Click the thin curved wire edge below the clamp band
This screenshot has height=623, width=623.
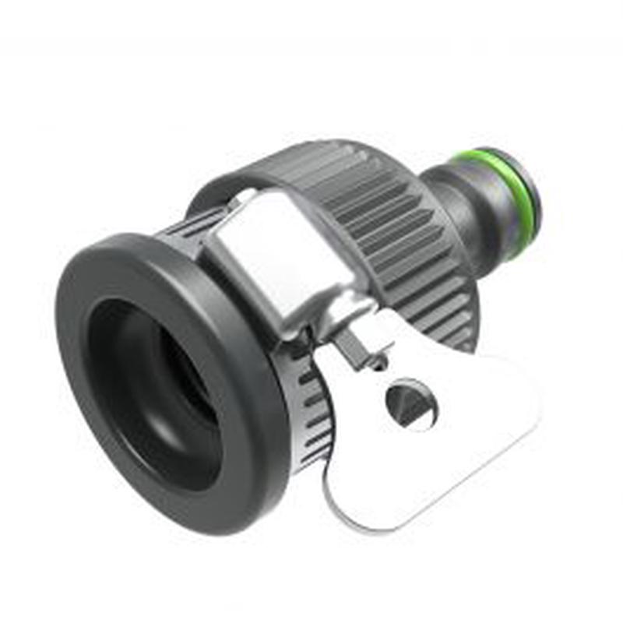pyautogui.click(x=331, y=506)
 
